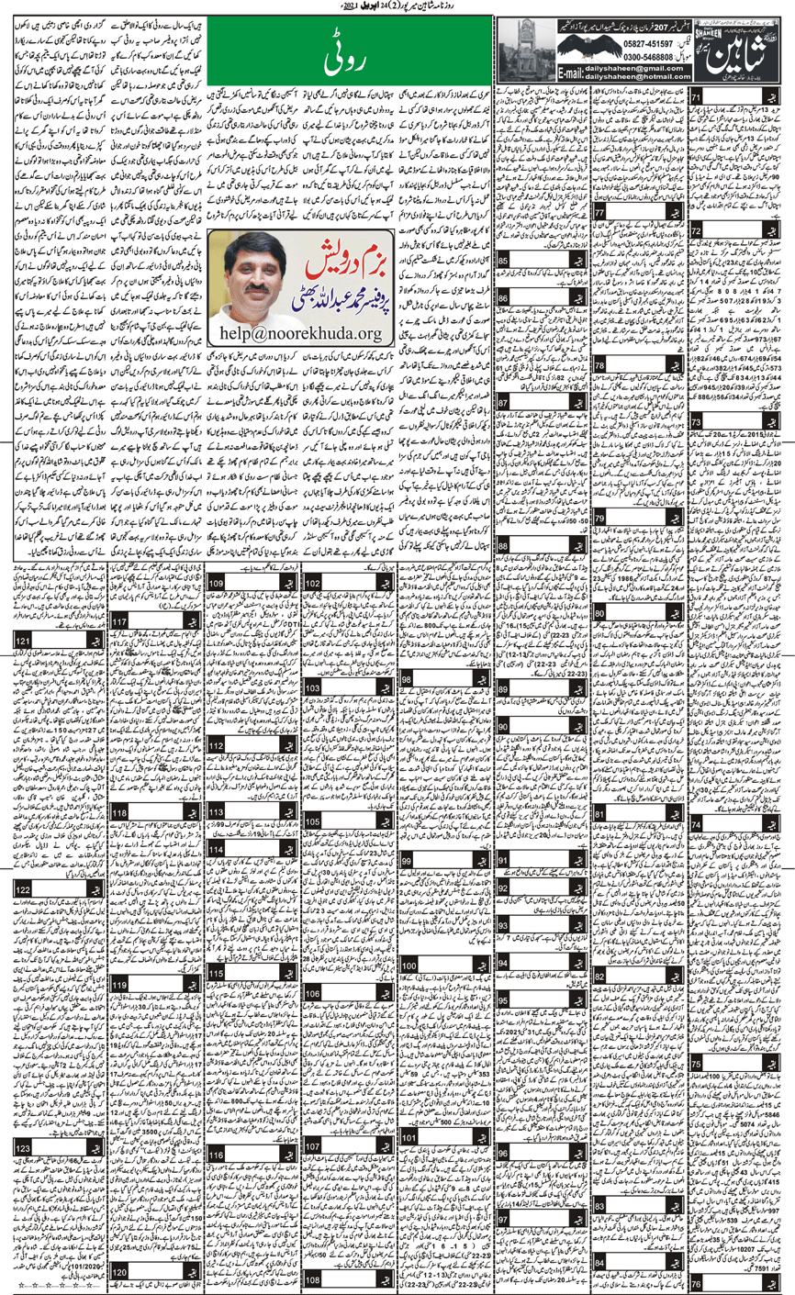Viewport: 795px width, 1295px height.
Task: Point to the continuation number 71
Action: (698, 97)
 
